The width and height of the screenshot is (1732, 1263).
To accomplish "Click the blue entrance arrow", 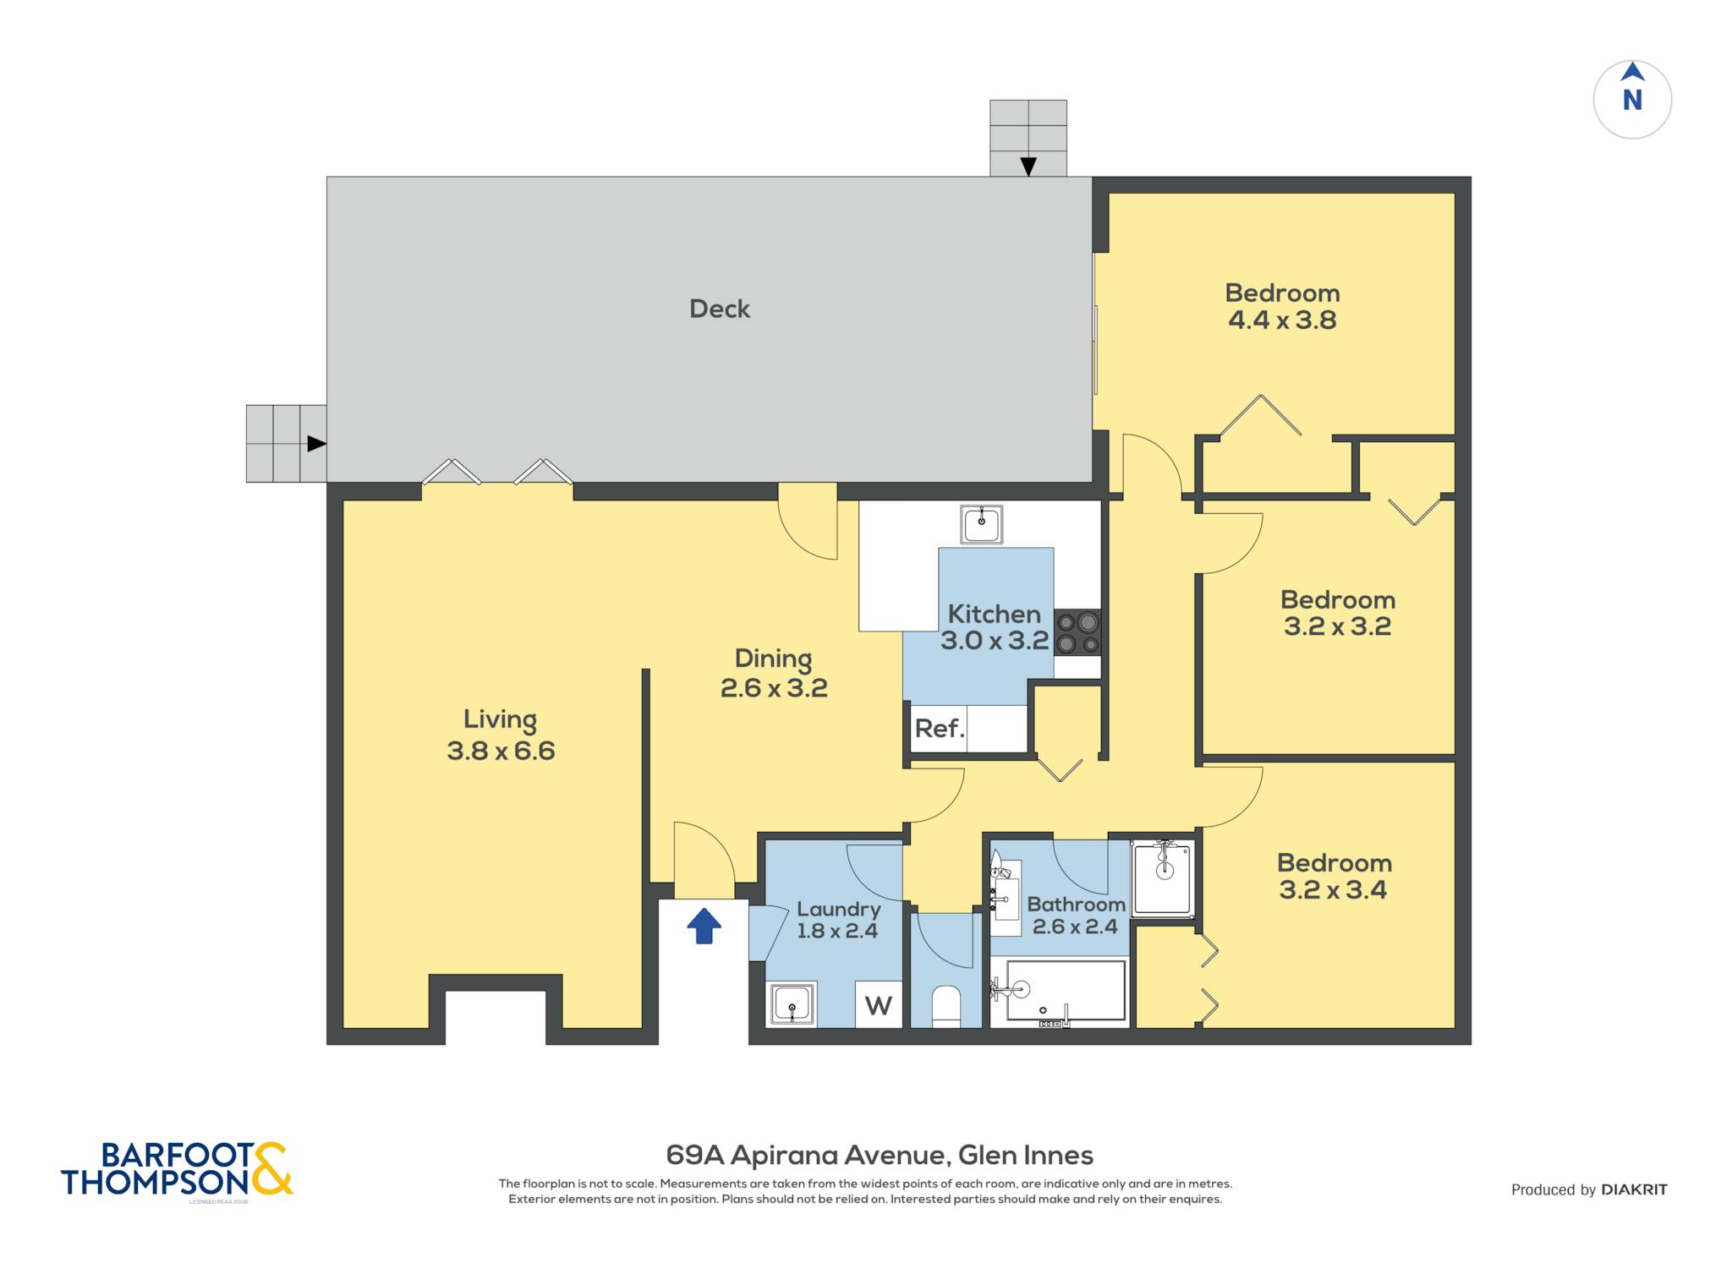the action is click(704, 926).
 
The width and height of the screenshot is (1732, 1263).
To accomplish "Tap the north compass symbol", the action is click(1632, 99).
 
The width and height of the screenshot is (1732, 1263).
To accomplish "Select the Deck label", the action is click(720, 309).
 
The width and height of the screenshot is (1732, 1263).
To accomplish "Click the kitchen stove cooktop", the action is click(1077, 632).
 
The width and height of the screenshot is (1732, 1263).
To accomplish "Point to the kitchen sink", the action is click(981, 524).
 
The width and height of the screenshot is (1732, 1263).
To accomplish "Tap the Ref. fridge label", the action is click(940, 728).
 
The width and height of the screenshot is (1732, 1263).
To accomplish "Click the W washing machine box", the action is click(879, 1004).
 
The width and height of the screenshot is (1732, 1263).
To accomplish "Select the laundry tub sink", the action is click(792, 1004).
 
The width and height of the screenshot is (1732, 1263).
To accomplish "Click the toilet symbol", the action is click(946, 1006).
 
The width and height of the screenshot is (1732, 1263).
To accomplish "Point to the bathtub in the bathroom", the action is click(1059, 991).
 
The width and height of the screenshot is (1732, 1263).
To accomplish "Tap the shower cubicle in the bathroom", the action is click(1163, 878).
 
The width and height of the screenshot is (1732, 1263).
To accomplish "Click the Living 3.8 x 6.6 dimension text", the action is click(501, 751).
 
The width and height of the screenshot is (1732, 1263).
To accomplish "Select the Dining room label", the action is click(773, 659).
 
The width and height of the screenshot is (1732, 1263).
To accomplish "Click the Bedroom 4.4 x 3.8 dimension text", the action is click(1282, 320).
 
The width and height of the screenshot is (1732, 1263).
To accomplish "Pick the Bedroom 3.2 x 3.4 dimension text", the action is click(1333, 890).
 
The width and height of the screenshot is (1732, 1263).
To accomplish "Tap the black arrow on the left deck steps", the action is click(316, 443).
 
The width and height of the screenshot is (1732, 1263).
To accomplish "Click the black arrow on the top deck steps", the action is click(1028, 167).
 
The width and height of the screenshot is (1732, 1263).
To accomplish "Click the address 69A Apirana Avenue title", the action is click(880, 1155).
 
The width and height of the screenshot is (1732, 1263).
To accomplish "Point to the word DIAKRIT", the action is click(1634, 1189).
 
